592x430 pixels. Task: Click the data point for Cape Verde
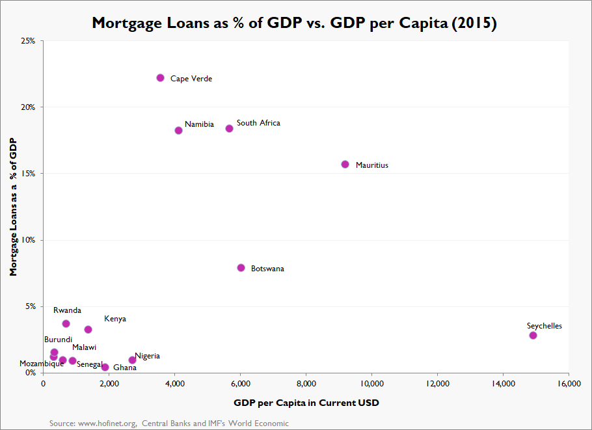click(x=161, y=78)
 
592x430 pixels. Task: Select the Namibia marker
click(x=179, y=130)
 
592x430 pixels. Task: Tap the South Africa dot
click(x=229, y=129)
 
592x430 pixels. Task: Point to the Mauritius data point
click(x=345, y=165)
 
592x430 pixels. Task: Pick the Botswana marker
click(x=241, y=268)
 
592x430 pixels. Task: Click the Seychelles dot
click(x=533, y=336)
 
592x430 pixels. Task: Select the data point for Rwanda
click(x=66, y=324)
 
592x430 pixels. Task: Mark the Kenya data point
click(x=88, y=330)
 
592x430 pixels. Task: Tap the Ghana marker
click(x=105, y=368)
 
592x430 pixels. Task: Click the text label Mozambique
click(x=42, y=364)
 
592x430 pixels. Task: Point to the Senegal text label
click(x=90, y=365)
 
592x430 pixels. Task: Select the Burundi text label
click(x=58, y=340)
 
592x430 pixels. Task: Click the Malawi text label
click(x=84, y=347)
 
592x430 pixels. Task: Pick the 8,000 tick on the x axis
click(x=306, y=384)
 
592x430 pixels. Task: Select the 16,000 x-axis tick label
click(x=568, y=384)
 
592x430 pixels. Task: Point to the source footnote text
click(x=169, y=423)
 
